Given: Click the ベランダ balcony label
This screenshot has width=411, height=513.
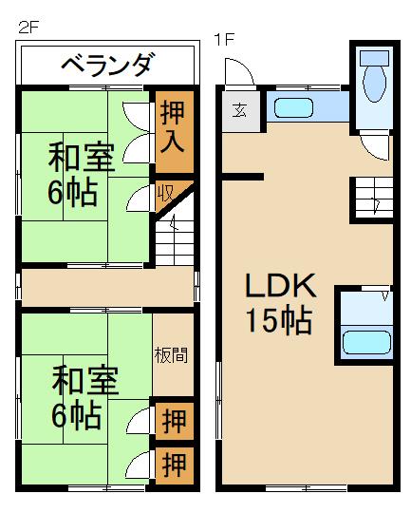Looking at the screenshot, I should click(106, 66).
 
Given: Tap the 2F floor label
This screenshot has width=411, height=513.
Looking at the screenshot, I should click(28, 28).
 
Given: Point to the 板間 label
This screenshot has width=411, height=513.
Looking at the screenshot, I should click(172, 355).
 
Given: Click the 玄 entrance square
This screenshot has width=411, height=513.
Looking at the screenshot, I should click(237, 108).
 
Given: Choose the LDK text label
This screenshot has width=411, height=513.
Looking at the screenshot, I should click(281, 286).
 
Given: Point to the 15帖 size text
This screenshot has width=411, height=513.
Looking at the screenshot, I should click(279, 321).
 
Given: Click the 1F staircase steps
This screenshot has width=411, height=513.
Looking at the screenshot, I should click(371, 200).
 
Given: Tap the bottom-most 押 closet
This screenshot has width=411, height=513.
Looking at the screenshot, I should click(173, 465).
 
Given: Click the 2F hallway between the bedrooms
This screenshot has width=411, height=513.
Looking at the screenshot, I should click(106, 286).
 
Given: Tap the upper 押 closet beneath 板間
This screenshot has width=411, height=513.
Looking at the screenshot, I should click(173, 419).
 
